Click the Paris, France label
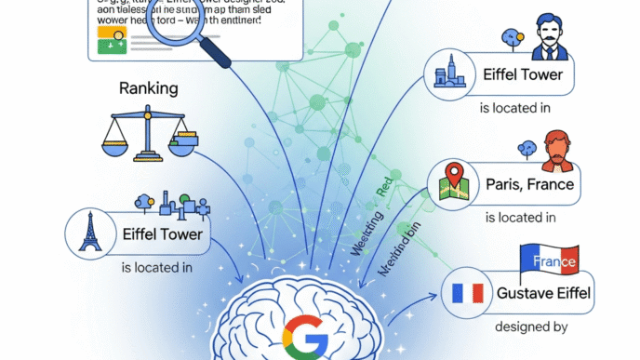[529, 183]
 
